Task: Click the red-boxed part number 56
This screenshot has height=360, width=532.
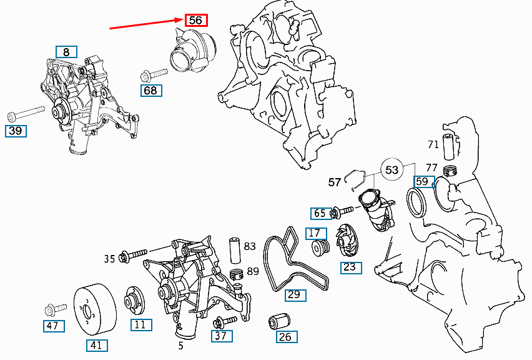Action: (195, 20)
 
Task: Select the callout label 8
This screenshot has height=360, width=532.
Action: (66, 52)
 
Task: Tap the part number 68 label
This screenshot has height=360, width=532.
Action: (151, 91)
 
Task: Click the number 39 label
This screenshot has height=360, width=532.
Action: (16, 131)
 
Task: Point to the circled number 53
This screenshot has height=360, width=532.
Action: (392, 170)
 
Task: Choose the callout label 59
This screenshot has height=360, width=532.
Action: (423, 182)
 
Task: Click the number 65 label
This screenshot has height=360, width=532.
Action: (320, 214)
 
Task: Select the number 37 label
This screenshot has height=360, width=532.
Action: (221, 336)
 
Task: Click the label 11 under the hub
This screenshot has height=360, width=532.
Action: (140, 324)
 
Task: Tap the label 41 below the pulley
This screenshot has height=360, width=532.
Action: (96, 344)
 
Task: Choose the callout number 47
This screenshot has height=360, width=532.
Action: (53, 326)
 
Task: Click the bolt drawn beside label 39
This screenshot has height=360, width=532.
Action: (25, 115)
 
